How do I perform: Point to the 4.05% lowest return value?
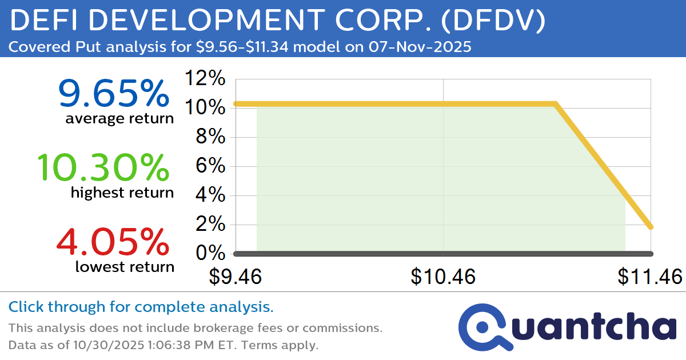pyautogui.click(x=113, y=242)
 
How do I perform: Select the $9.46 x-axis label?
pyautogui.click(x=235, y=277)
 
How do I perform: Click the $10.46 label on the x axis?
pyautogui.click(x=443, y=277)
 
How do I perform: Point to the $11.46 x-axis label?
pyautogui.click(x=649, y=277)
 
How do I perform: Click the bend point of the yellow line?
pyautogui.click(x=555, y=104)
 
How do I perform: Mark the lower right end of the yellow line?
pyautogui.click(x=651, y=227)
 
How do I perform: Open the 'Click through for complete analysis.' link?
pyautogui.click(x=141, y=307)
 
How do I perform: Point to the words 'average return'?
pyautogui.click(x=119, y=119)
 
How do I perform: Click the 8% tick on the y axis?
pyautogui.click(x=212, y=137)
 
